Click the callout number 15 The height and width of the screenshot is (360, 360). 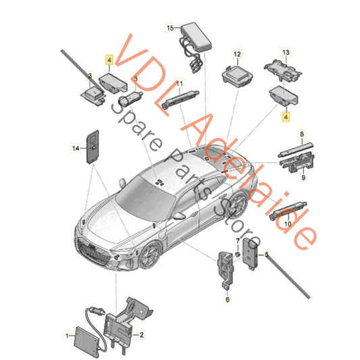coord(170,28)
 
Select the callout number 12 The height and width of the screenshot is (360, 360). coord(237,53)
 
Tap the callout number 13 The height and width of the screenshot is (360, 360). coord(285,53)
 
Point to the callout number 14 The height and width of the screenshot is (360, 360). coord(76,147)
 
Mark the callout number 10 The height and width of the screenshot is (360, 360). coord(288,224)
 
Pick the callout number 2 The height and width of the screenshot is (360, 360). coord(142,334)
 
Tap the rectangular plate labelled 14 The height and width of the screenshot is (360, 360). coord(92,147)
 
